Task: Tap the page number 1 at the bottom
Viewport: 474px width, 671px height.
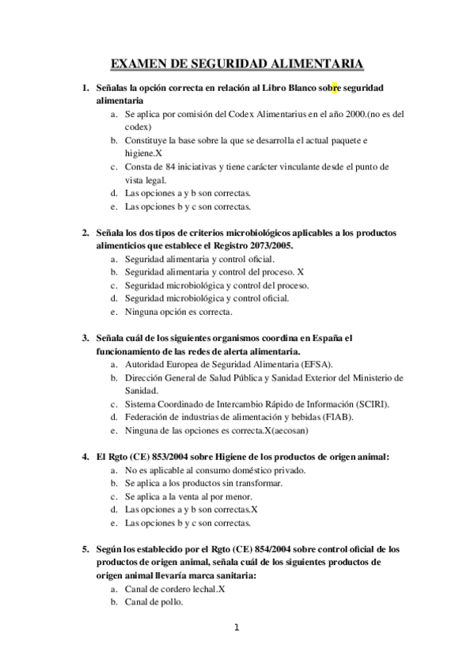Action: pos(236,628)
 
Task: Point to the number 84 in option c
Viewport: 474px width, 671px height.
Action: pos(172,167)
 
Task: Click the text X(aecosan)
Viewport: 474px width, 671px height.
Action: pos(297,430)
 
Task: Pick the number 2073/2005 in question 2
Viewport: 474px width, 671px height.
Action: pos(260,246)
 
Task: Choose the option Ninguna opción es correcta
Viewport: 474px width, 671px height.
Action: pos(179,312)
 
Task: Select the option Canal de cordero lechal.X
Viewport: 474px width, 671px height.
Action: pos(175,589)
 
